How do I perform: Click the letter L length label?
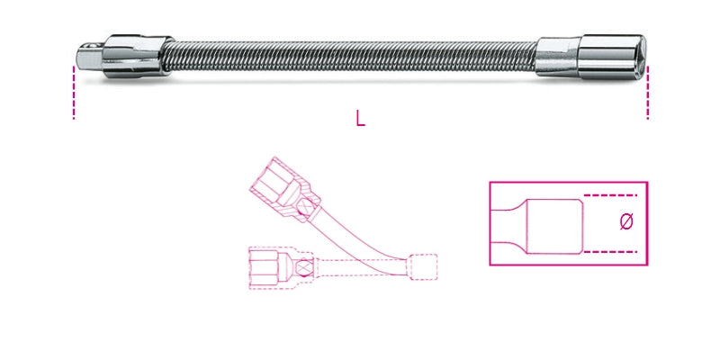click(360, 118)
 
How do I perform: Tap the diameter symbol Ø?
click(627, 221)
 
